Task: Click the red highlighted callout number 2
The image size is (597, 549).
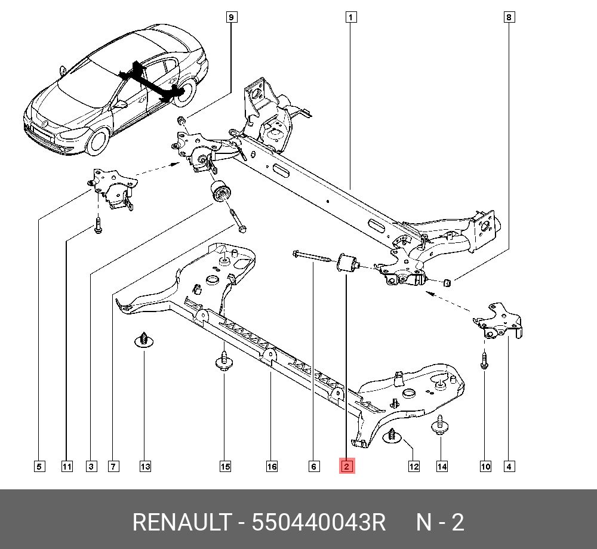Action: (x=347, y=466)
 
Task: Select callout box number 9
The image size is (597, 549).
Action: (x=232, y=17)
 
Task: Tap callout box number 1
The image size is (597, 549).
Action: (x=351, y=17)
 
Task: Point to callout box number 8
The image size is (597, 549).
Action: (x=509, y=17)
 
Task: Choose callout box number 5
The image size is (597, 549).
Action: (x=39, y=466)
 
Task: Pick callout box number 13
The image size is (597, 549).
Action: (x=145, y=466)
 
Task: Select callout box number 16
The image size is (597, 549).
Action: (x=272, y=466)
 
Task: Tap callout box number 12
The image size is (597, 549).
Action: (x=414, y=466)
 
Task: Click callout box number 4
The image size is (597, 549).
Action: (x=509, y=466)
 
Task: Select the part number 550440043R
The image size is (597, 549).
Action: (x=319, y=523)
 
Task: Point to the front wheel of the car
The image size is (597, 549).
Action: (x=97, y=140)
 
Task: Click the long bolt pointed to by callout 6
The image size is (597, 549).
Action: (x=312, y=256)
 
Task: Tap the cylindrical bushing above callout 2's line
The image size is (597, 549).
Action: (x=347, y=263)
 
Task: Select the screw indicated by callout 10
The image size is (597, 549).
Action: (x=484, y=360)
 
